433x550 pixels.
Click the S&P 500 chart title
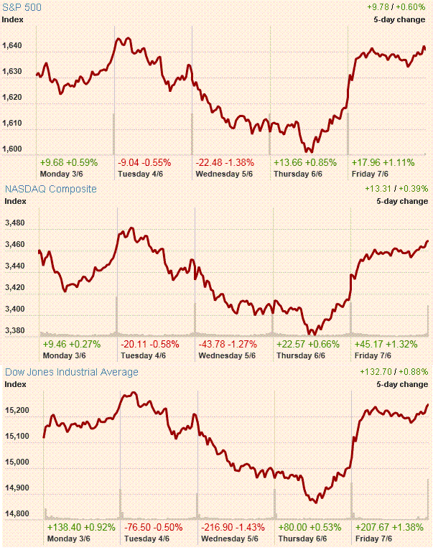[x=23, y=7]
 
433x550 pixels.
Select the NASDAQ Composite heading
[x=51, y=189]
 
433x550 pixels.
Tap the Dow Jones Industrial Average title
[x=72, y=372]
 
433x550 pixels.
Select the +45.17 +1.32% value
[x=385, y=344]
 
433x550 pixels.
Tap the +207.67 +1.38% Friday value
[x=388, y=527]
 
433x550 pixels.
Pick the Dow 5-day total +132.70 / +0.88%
[x=394, y=372]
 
